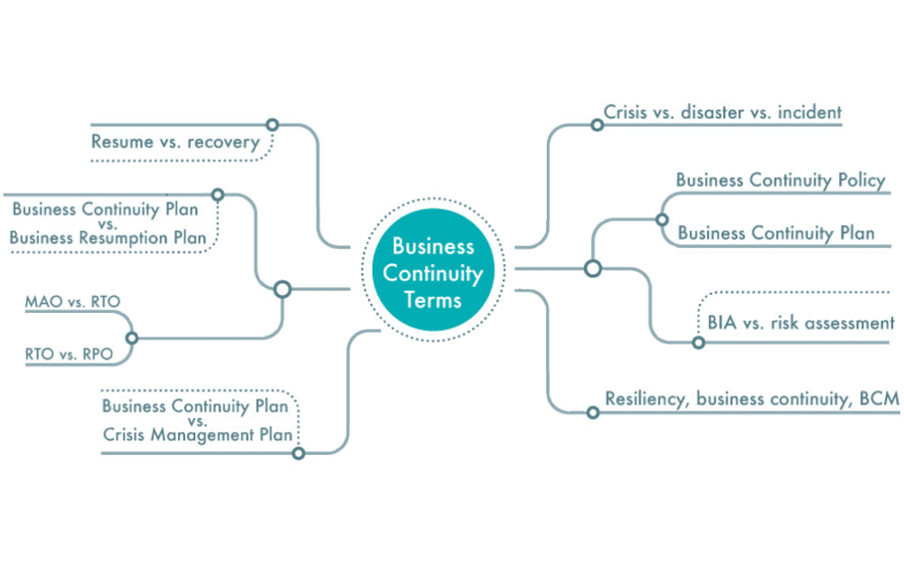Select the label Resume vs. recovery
(175, 142)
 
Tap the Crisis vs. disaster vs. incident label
(723, 113)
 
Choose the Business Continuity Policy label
(780, 180)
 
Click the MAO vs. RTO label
(73, 302)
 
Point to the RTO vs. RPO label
(70, 355)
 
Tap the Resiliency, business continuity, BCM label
(752, 398)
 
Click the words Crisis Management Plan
(198, 434)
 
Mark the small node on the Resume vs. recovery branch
(271, 125)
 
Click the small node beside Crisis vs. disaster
(597, 125)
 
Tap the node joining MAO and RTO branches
(132, 338)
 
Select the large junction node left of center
(282, 289)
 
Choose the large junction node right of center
(593, 268)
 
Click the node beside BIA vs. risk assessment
(698, 343)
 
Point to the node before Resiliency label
(593, 412)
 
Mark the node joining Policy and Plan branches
(662, 219)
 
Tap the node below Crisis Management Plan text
(298, 452)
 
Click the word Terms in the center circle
(433, 300)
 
